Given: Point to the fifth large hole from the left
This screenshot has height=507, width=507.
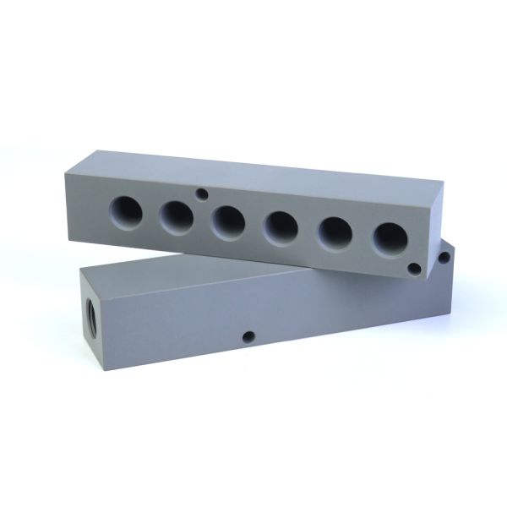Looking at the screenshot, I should click(x=335, y=232).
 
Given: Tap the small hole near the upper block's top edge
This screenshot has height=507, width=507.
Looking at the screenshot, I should click(x=201, y=194).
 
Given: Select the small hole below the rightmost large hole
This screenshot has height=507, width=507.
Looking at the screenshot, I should click(x=414, y=268).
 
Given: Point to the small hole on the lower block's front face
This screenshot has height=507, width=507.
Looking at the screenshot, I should click(x=248, y=337).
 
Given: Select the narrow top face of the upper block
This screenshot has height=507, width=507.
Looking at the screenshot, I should click(x=253, y=169).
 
